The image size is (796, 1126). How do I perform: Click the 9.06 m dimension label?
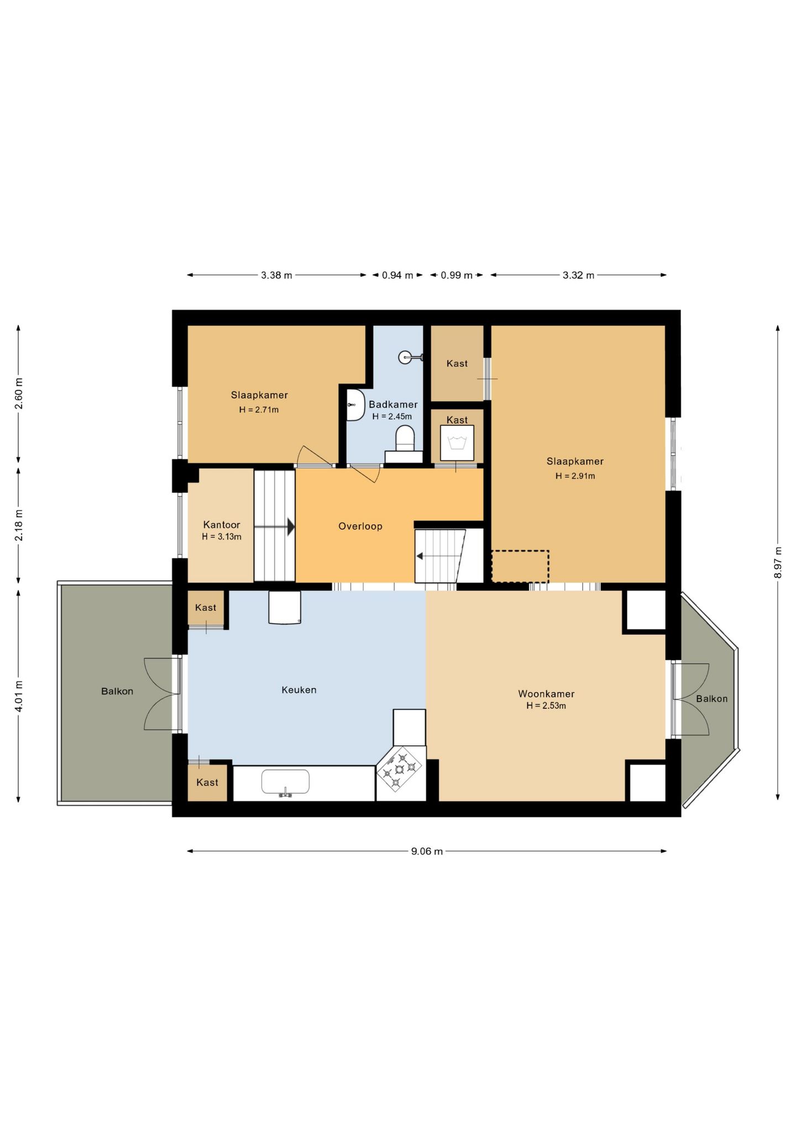click(x=427, y=851)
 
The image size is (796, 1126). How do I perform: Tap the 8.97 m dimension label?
click(x=778, y=562)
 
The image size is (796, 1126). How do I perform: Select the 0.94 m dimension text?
click(x=397, y=275)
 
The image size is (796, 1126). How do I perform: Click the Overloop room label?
click(x=360, y=526)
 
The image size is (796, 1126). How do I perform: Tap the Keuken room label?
click(x=299, y=690)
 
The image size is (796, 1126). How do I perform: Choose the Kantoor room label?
click(x=222, y=524)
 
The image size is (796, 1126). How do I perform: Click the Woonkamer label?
click(x=546, y=694)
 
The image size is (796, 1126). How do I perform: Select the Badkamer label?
click(x=393, y=404)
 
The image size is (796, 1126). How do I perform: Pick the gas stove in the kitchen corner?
click(x=400, y=769)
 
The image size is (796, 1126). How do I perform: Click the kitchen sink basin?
click(x=285, y=782)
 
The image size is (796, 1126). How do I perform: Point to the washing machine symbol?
click(x=457, y=443)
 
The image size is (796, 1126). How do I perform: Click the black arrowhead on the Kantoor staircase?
click(x=291, y=527)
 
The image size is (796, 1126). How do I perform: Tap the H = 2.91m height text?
click(x=575, y=476)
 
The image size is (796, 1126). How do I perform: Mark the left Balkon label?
click(x=117, y=691)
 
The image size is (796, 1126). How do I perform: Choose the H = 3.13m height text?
click(x=222, y=536)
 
